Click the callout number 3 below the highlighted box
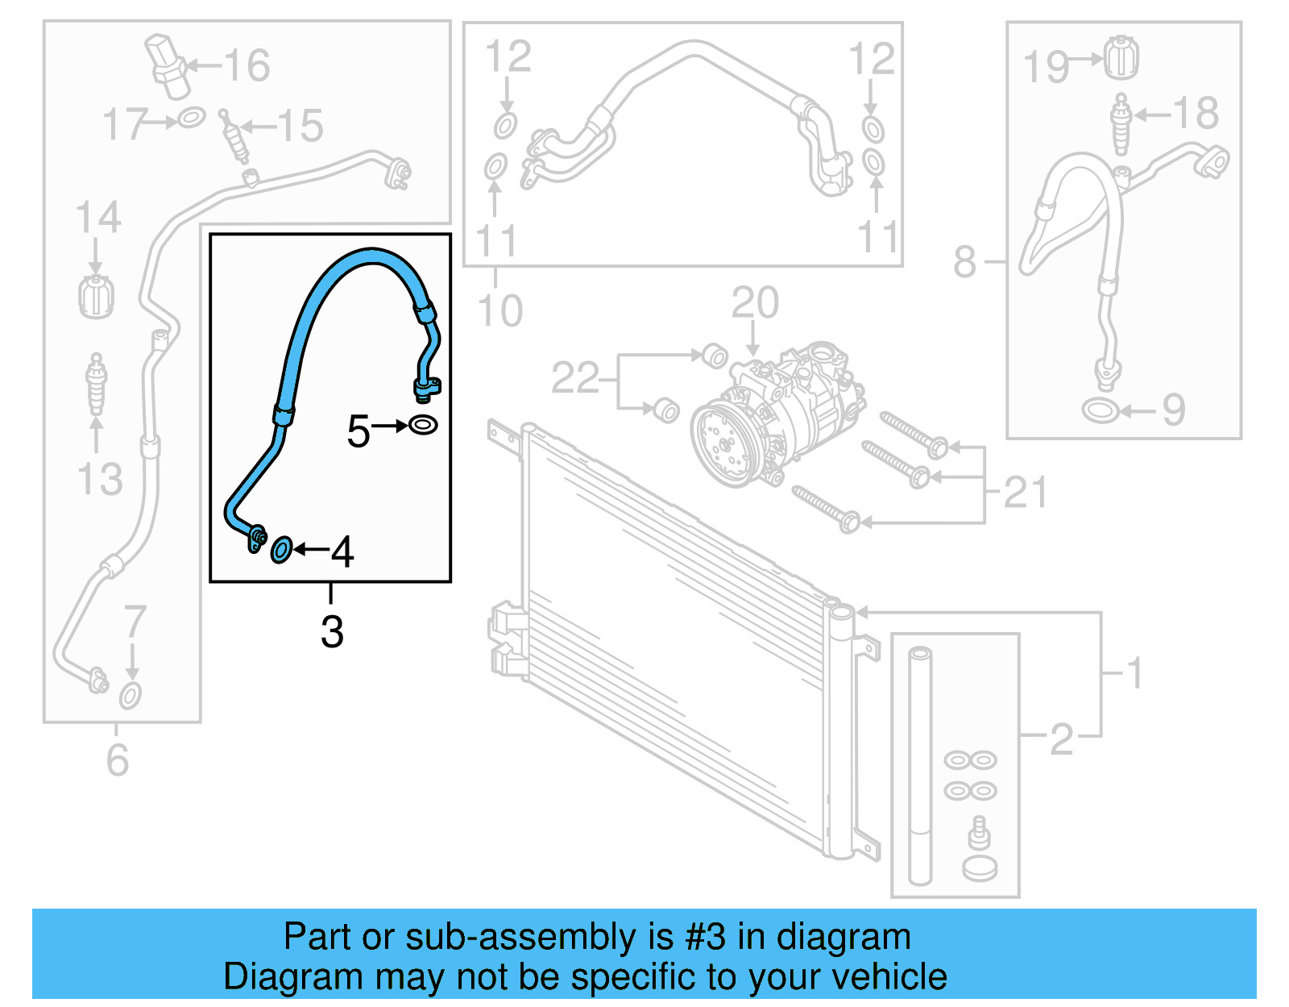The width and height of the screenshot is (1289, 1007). [x=332, y=631]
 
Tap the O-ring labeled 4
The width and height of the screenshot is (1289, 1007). [x=281, y=550]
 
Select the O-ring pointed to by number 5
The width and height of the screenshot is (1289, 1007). [x=423, y=424]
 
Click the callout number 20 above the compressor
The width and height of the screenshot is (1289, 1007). [x=755, y=304]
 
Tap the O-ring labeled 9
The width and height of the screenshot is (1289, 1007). [x=1100, y=410]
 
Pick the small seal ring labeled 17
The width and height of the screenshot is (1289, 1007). [x=192, y=119]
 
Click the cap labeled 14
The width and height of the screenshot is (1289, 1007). [x=96, y=296]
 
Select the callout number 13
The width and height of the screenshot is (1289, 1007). [x=99, y=479]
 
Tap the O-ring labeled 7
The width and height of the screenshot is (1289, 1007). [x=131, y=696]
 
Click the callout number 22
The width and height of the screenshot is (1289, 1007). [x=575, y=378]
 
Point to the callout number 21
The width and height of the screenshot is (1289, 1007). [x=1025, y=492]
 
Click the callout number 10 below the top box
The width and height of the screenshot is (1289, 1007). [x=499, y=310]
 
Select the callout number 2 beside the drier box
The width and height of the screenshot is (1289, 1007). [x=1061, y=739]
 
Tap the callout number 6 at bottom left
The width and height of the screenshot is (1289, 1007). [x=118, y=759]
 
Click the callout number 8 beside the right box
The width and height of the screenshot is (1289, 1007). [x=964, y=262]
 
